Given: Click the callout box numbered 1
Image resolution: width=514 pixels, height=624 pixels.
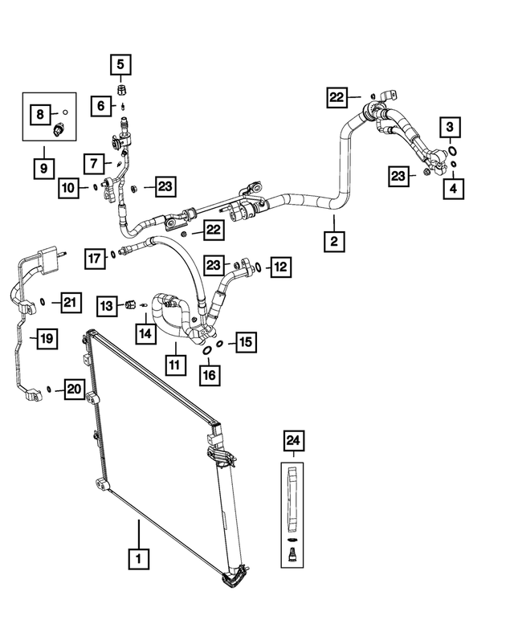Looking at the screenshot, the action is pyautogui.click(x=138, y=559).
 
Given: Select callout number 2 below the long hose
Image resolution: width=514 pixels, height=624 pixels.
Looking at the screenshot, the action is pyautogui.click(x=334, y=241).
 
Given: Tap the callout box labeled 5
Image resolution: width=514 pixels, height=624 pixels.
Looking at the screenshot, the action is pyautogui.click(x=120, y=64).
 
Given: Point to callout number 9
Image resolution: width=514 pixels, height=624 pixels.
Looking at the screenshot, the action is pyautogui.click(x=43, y=169).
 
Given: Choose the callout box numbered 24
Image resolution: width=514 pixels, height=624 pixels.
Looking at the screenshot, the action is pyautogui.click(x=294, y=441).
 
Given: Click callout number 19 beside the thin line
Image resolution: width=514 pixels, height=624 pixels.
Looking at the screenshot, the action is pyautogui.click(x=47, y=339).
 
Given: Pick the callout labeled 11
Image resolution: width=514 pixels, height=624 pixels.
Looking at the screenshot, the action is pyautogui.click(x=175, y=365).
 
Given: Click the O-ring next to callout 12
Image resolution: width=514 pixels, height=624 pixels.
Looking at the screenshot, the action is pyautogui.click(x=258, y=267).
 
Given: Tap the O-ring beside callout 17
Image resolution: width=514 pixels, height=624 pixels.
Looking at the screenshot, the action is pyautogui.click(x=114, y=255).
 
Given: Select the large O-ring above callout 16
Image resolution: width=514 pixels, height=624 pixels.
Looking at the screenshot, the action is pyautogui.click(x=207, y=351).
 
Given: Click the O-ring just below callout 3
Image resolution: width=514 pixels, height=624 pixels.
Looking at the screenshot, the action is pyautogui.click(x=452, y=151).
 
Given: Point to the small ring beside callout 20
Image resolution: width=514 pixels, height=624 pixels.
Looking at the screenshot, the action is pyautogui.click(x=49, y=389).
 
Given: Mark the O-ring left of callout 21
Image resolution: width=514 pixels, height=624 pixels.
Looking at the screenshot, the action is pyautogui.click(x=43, y=303).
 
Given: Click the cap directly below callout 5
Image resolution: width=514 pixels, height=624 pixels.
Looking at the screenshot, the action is pyautogui.click(x=121, y=89).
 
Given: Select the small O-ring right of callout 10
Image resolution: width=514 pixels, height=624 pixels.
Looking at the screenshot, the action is pyautogui.click(x=96, y=186).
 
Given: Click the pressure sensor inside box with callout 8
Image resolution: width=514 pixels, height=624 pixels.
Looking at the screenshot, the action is pyautogui.click(x=59, y=128).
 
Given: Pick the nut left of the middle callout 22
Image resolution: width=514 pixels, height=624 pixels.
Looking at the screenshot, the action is pyautogui.click(x=184, y=233).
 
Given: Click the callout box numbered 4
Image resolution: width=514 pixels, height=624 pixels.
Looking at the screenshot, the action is pyautogui.click(x=454, y=189).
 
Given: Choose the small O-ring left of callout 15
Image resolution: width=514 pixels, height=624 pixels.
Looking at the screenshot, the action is pyautogui.click(x=219, y=344).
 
